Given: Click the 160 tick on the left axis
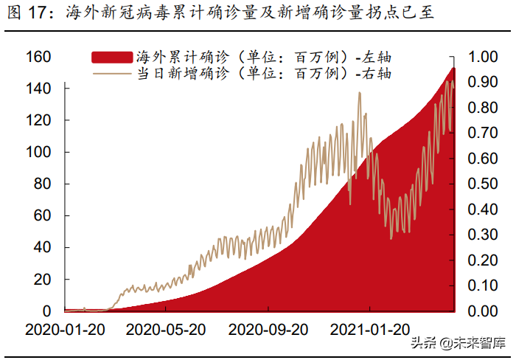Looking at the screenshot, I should click(x=38, y=57).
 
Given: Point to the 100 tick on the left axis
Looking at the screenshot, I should click(x=38, y=152).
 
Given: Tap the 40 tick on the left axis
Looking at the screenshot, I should click(x=42, y=247).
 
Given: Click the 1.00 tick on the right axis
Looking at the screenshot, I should click(x=484, y=57).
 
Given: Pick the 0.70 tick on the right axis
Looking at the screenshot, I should click(x=484, y=133).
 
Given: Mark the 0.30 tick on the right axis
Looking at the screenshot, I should click(x=484, y=235).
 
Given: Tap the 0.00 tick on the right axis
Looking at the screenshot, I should click(x=484, y=311).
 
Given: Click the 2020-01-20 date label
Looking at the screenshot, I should click(x=64, y=329).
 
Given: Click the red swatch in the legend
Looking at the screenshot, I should click(x=113, y=57).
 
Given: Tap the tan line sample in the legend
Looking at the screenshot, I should click(x=113, y=73).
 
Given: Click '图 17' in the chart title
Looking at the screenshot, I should click(x=29, y=13).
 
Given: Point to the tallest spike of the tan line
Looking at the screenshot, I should click(x=359, y=93).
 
